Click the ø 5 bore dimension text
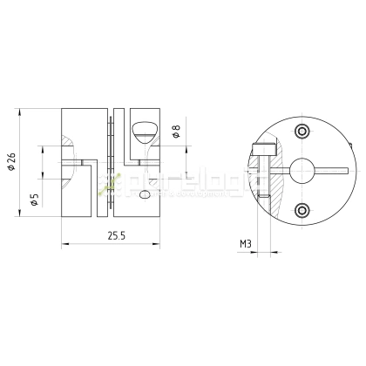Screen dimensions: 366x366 click(x=34, y=200)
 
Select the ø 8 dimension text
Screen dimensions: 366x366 click(x=177, y=132)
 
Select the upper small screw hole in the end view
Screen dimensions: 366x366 click(x=302, y=132)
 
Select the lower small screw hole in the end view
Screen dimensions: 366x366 click(x=302, y=209)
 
